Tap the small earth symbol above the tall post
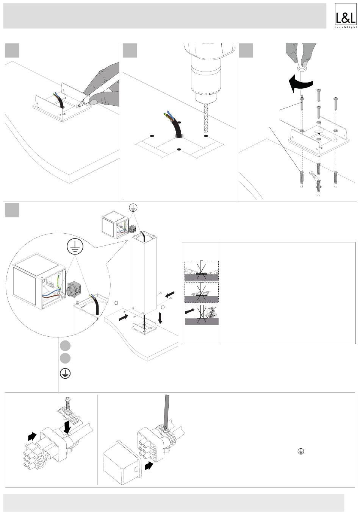133,208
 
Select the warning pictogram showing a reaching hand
201,314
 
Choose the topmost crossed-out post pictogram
201,271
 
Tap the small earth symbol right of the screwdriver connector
300,451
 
